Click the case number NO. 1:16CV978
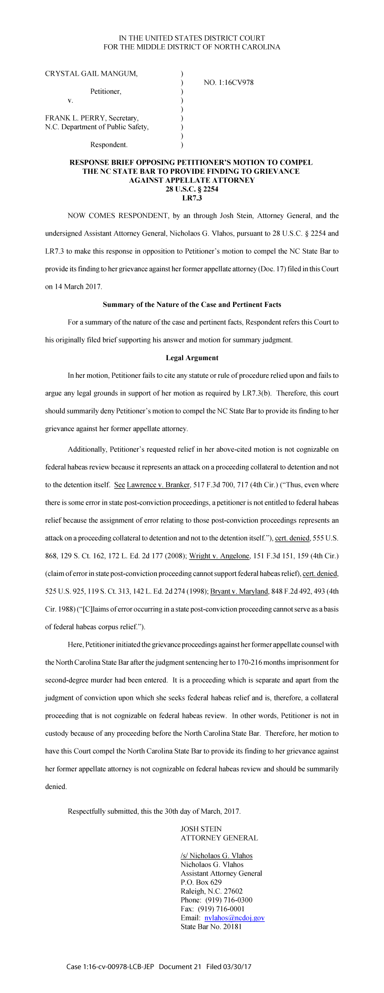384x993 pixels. click(229, 83)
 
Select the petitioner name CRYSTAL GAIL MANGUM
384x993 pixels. click(91, 74)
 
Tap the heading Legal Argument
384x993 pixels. click(192, 358)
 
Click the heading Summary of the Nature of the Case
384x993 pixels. click(192, 305)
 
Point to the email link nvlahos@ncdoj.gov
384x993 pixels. click(234, 918)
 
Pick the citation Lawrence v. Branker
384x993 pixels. click(158, 485)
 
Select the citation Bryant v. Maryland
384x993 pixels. click(239, 591)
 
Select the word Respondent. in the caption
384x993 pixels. click(109, 145)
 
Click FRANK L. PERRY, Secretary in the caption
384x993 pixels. click(92, 118)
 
